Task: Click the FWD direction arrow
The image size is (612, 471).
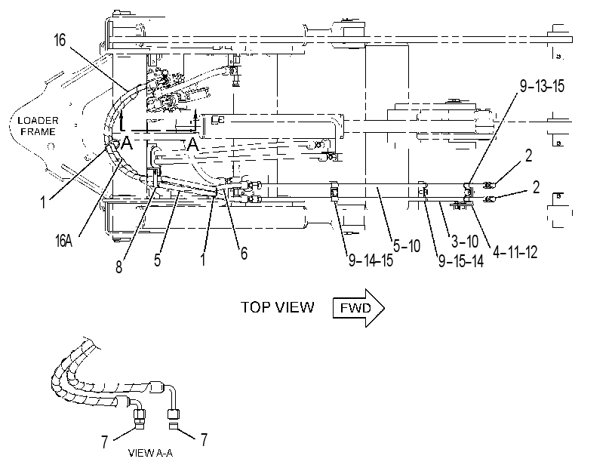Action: (x=358, y=308)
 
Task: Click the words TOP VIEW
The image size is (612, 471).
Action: (x=277, y=307)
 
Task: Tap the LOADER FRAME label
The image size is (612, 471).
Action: (x=38, y=126)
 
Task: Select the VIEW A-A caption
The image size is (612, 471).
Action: (x=150, y=453)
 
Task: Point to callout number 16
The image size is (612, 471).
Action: (x=60, y=40)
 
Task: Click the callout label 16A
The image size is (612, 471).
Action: (x=63, y=241)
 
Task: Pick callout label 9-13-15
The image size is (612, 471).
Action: (x=542, y=86)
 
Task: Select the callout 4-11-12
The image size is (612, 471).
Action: (x=515, y=252)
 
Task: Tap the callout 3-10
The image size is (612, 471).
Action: (x=464, y=242)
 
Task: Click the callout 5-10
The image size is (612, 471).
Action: (x=406, y=246)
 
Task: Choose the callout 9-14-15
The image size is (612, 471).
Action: (x=371, y=260)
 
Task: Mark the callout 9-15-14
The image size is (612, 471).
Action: (x=461, y=261)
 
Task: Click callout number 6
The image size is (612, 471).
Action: (x=244, y=253)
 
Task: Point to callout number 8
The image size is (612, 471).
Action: (x=118, y=267)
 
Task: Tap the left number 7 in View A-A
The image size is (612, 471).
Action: (x=105, y=442)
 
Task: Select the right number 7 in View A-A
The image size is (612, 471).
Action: (x=205, y=440)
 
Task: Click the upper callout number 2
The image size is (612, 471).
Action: (x=528, y=155)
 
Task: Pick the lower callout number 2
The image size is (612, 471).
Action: (x=537, y=187)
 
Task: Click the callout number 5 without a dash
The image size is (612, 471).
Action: (x=157, y=260)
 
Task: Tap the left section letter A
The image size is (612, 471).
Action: (x=127, y=143)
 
